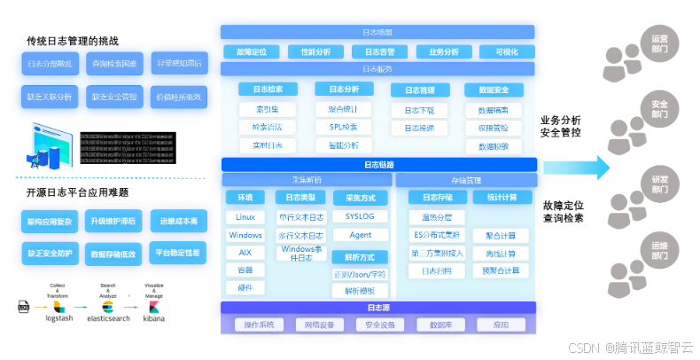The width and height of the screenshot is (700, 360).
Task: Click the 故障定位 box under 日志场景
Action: pos(253,51)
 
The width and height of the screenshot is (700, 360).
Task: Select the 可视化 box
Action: pos(507,51)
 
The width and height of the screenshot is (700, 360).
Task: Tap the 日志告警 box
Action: pos(379,51)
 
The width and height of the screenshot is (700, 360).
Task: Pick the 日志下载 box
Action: pos(419,110)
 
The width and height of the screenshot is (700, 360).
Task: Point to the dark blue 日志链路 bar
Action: pos(379,164)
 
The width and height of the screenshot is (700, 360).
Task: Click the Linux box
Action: pos(245,217)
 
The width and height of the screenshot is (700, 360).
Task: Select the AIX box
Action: pos(245,253)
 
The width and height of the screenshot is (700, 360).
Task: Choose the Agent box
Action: pos(360,235)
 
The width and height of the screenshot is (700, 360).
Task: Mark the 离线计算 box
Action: pos(501,253)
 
